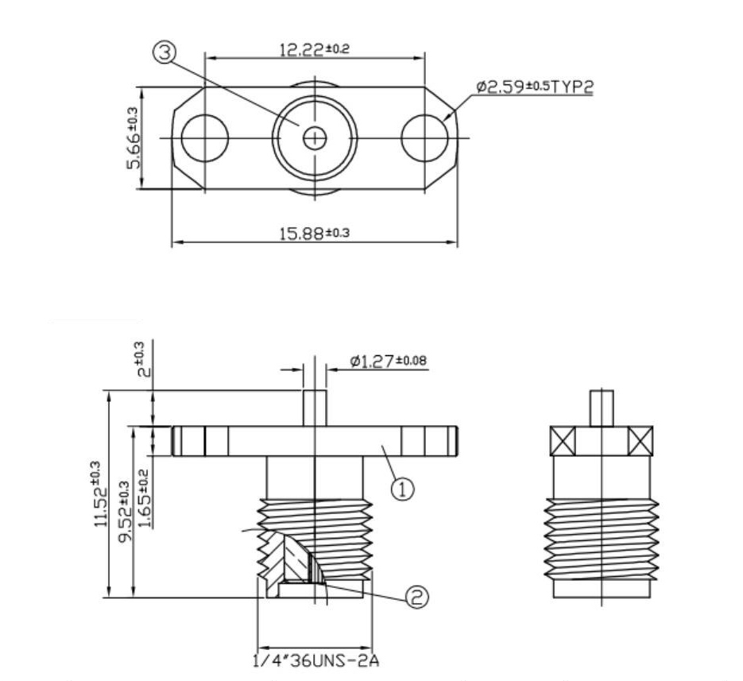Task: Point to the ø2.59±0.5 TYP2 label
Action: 534,87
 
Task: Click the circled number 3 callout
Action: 165,53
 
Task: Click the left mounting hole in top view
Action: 205,138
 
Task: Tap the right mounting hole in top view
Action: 424,138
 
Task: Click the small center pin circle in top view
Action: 315,138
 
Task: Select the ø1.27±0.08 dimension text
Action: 389,362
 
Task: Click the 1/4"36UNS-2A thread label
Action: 312,660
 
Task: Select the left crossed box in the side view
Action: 563,440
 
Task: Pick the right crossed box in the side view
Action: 640,440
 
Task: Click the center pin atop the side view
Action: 602,409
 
